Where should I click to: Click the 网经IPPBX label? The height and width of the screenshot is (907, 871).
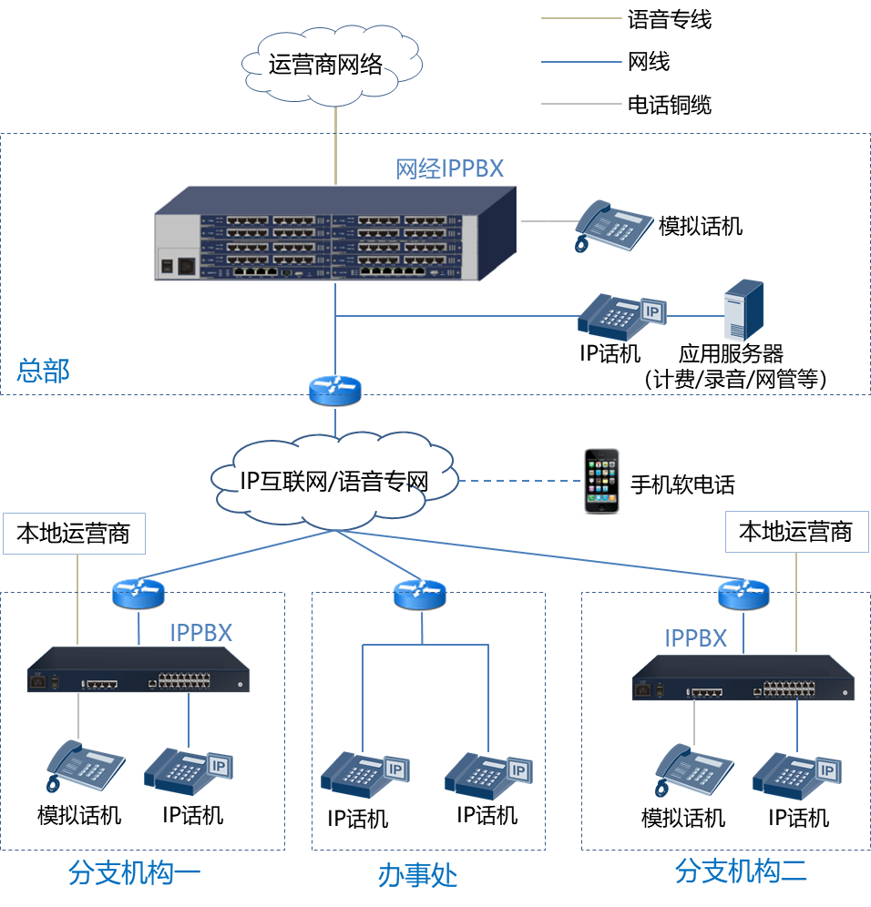pos(448,168)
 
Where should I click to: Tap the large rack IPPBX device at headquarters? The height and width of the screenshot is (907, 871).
pos(334,234)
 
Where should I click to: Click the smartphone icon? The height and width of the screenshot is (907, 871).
pos(601,481)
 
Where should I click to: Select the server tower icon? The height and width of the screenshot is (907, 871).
pos(743,311)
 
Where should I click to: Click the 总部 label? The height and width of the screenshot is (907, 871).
pos(43,371)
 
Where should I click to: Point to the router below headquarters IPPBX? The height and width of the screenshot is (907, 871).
pos(335,390)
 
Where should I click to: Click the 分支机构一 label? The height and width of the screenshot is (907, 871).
pos(134,872)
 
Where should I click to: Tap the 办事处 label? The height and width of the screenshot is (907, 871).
pos(417,876)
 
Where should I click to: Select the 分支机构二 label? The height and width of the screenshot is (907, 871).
pos(740,871)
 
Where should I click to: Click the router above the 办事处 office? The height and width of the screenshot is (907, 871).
pos(420,595)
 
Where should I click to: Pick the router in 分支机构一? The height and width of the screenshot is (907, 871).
pos(138,594)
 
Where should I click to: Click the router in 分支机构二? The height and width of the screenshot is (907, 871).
pos(743,595)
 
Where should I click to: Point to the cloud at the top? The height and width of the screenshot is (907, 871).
pos(333,64)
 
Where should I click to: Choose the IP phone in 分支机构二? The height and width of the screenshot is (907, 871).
pos(795,773)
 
